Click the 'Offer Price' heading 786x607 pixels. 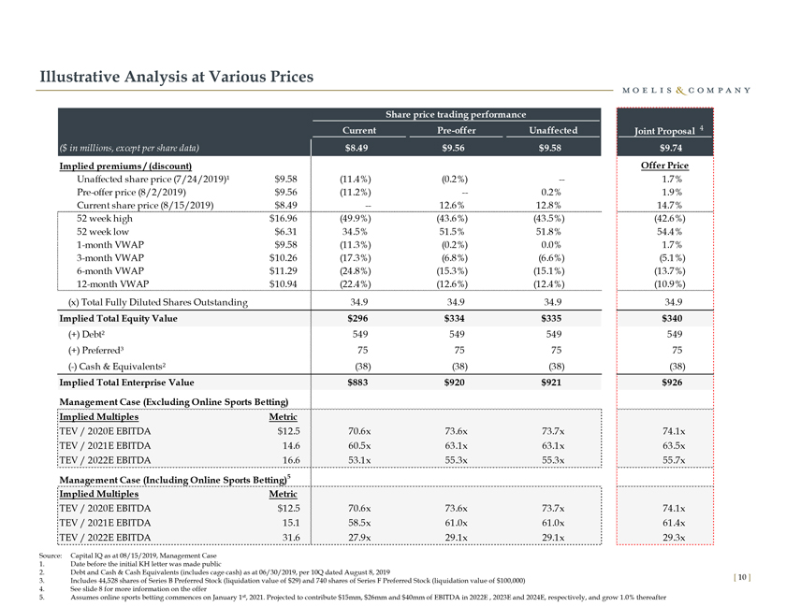[664, 166]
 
